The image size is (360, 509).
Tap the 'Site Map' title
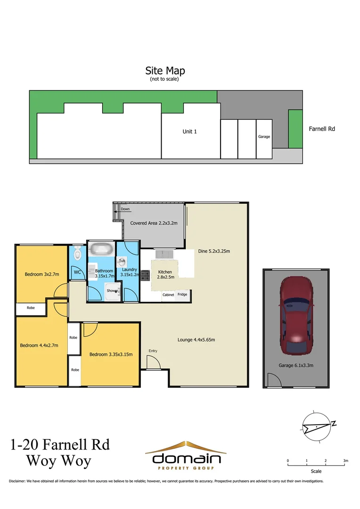(165, 71)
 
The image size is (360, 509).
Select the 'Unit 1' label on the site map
(189, 131)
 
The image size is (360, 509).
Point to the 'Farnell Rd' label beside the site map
(322, 129)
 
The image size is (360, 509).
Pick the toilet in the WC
(78, 254)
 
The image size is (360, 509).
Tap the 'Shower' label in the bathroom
(112, 291)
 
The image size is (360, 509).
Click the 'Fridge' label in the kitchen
(182, 295)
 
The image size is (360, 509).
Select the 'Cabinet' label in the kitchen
(168, 295)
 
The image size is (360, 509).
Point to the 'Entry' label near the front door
(153, 351)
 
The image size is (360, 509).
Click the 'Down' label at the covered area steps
(125, 209)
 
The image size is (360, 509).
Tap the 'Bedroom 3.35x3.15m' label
(111, 354)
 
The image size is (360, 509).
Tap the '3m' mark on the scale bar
(345, 460)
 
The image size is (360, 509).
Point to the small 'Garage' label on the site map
(264, 137)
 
